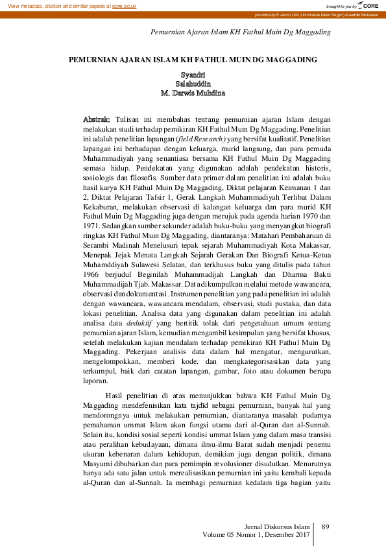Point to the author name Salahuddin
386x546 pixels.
click(x=193, y=84)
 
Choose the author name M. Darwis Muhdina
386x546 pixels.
click(x=193, y=93)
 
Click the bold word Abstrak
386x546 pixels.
click(x=97, y=120)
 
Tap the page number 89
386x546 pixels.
click(x=326, y=526)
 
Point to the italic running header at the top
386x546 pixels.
click(x=241, y=32)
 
